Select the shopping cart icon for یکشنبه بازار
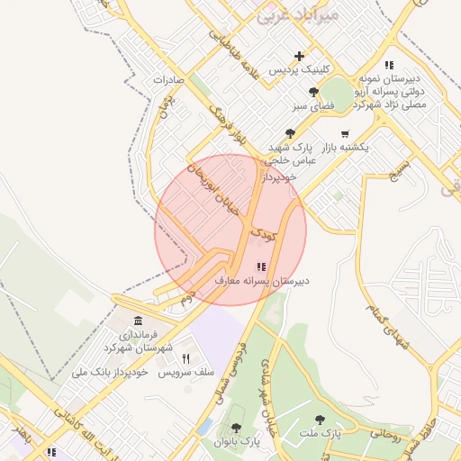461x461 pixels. click(x=345, y=134)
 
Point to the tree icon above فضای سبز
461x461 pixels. click(x=312, y=92)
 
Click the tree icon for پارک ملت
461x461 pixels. click(x=320, y=420)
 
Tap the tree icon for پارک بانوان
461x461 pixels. click(x=236, y=428)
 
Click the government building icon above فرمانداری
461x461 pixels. click(x=138, y=321)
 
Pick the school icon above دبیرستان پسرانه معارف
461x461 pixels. click(x=261, y=267)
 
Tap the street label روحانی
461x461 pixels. click(x=384, y=432)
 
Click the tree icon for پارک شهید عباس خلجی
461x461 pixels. click(x=290, y=133)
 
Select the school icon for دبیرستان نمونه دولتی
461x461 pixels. click(x=389, y=65)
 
